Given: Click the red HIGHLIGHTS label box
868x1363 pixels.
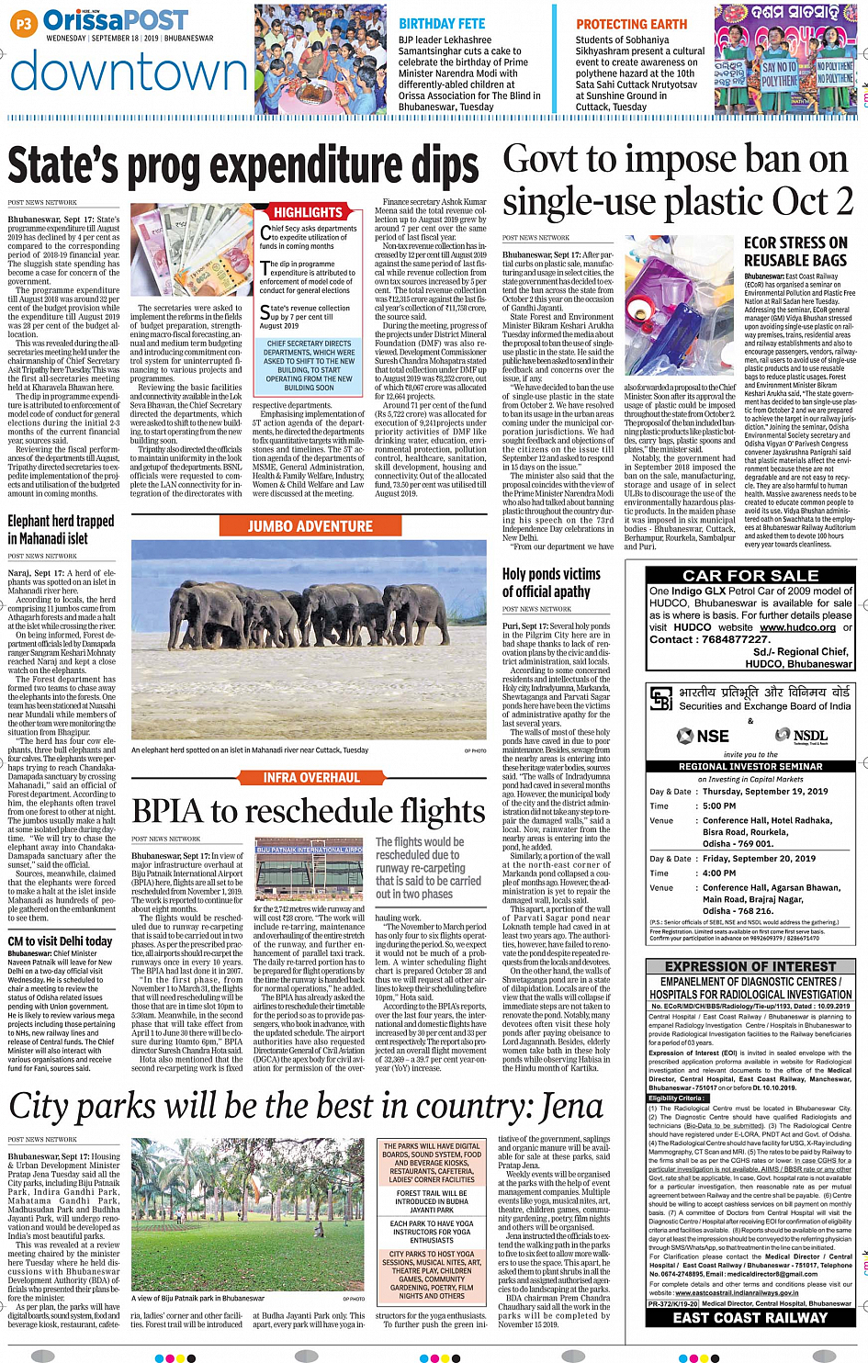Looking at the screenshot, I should click(x=308, y=212).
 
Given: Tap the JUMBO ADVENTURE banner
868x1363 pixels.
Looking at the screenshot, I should click(x=310, y=526).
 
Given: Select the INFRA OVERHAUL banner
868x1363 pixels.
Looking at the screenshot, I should click(x=311, y=777).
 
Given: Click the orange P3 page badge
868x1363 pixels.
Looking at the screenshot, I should click(x=24, y=24).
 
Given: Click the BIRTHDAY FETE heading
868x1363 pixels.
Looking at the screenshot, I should click(x=442, y=24).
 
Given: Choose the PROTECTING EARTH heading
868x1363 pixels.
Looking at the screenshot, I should click(x=631, y=24).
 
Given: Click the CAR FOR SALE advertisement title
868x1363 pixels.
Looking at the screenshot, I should click(x=750, y=576).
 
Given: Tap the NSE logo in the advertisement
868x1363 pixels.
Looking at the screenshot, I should click(x=704, y=736).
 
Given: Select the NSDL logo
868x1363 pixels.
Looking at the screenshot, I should click(x=801, y=736).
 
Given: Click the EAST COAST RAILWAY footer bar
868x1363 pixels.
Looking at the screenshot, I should click(x=750, y=1318).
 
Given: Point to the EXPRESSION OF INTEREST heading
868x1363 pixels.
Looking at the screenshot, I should click(x=750, y=967).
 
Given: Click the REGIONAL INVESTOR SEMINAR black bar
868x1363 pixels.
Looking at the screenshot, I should click(x=750, y=766).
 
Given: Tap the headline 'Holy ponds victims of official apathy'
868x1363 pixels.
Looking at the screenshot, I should click(x=551, y=582).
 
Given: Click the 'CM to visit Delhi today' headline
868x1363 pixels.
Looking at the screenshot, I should click(x=60, y=941).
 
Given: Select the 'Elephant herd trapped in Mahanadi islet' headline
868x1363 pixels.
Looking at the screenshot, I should click(x=61, y=529).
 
